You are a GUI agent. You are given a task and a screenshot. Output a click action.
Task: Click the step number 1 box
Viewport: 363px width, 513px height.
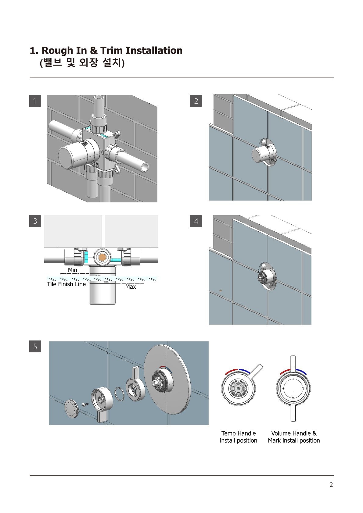[x=35, y=101]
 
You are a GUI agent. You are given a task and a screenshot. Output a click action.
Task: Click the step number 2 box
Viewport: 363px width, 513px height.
[x=196, y=101]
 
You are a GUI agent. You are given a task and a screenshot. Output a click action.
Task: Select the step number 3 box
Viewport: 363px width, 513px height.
[x=35, y=221]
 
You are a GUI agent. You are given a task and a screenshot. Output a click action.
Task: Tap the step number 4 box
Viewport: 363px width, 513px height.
[x=196, y=221]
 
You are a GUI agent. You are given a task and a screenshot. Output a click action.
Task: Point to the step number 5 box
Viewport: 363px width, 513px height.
[x=35, y=347]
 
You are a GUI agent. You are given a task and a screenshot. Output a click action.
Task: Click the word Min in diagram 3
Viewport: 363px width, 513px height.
[x=72, y=270]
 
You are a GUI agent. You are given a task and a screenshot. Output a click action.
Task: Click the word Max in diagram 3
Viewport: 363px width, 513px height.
[x=131, y=287]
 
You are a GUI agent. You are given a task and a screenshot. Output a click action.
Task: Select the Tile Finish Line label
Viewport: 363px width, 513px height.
[x=66, y=284]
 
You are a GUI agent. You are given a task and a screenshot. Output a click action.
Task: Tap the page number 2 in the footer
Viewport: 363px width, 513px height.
[x=331, y=485]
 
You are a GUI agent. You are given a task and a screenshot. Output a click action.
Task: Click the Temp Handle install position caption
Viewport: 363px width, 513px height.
[x=239, y=437]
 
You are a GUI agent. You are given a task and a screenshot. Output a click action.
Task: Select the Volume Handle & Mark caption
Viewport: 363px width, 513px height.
[x=294, y=437]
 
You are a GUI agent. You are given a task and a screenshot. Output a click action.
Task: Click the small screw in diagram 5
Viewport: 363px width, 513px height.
[x=85, y=404]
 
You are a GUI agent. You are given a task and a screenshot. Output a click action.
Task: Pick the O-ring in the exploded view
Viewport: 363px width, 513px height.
[x=119, y=394]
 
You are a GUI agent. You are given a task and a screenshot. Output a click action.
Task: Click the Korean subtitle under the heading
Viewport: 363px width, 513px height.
[x=82, y=63]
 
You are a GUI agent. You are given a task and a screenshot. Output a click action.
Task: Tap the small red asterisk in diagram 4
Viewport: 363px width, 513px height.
[x=221, y=291]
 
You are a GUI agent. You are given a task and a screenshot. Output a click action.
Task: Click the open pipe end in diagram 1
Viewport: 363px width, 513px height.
[x=145, y=167]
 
